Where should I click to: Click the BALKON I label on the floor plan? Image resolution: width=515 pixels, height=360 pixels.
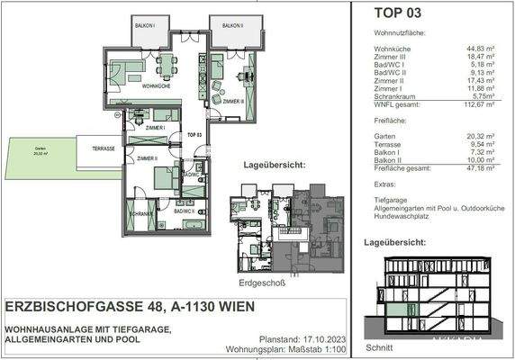pyautogui.click(x=144, y=25)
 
